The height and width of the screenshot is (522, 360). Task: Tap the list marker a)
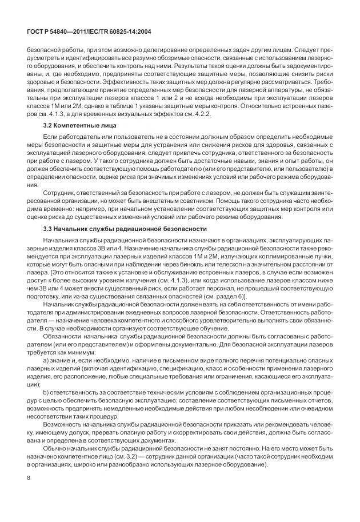click(46, 377)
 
